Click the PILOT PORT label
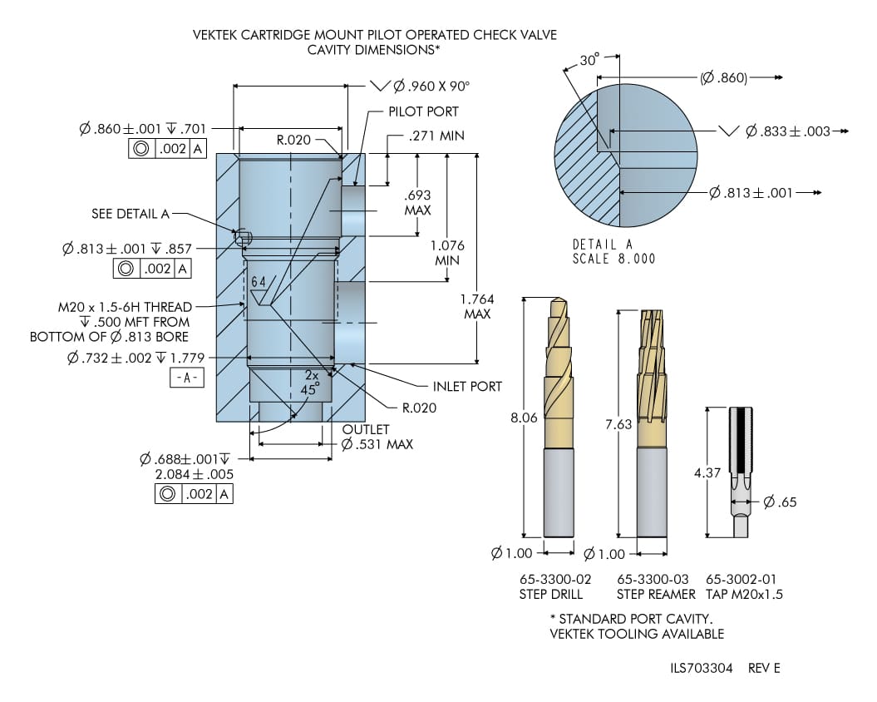(423, 111)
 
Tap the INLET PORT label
(467, 387)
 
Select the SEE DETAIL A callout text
(130, 214)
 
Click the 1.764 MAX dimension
(476, 306)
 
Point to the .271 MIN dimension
(436, 136)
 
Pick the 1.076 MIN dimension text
(447, 253)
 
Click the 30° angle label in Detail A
(589, 61)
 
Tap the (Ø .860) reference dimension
(723, 78)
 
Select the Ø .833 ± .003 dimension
(787, 131)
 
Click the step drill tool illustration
(559, 416)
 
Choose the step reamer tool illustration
(652, 424)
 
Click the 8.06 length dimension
(524, 418)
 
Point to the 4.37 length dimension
(707, 472)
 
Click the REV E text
(764, 668)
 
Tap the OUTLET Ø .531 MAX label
(377, 437)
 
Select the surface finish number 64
(258, 282)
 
